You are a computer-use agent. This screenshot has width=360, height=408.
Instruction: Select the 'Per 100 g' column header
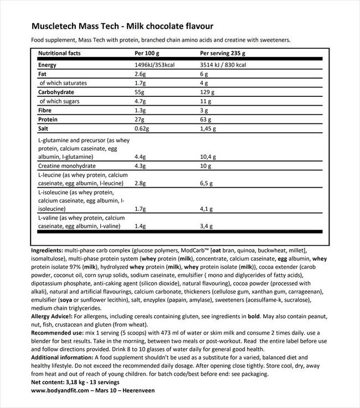tap(147, 54)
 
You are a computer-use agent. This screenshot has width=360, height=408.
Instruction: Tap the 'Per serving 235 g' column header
tap(222, 54)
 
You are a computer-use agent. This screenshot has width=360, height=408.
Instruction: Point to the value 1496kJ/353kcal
tap(158, 65)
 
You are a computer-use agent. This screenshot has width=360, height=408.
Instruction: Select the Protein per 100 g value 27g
tap(139, 118)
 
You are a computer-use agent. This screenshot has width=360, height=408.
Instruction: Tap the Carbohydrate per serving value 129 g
tap(207, 91)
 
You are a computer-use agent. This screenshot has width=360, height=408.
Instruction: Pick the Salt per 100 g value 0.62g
tap(142, 127)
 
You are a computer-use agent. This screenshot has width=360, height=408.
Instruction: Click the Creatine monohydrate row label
tap(67, 166)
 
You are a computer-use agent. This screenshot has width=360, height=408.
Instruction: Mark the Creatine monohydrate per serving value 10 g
tap(205, 166)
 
